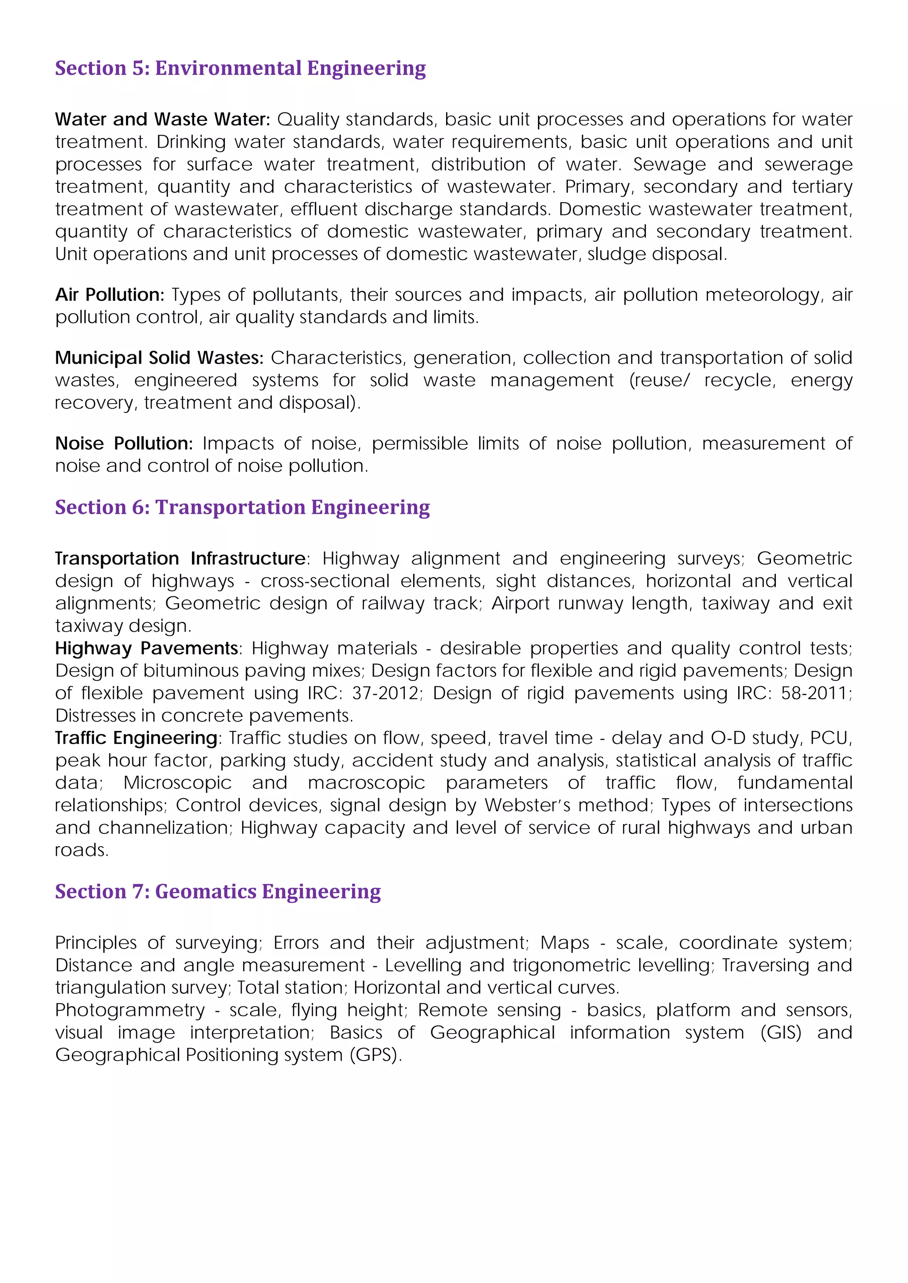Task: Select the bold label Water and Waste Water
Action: (x=162, y=120)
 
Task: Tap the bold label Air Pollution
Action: (x=110, y=295)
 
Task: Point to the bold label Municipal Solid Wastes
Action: (x=159, y=358)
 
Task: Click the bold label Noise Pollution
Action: (x=124, y=443)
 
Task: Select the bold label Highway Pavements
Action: (x=146, y=648)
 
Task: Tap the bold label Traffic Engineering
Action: (x=136, y=738)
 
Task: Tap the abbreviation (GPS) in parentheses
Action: (x=375, y=1054)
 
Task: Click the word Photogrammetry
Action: (x=130, y=1010)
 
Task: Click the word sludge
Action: (x=611, y=254)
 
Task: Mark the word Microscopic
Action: (x=177, y=783)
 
